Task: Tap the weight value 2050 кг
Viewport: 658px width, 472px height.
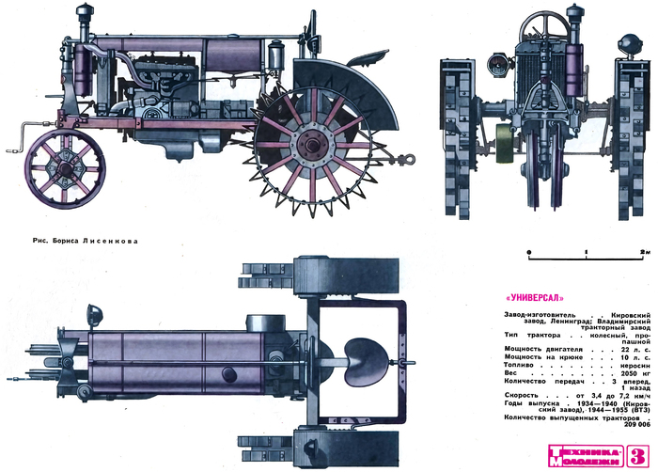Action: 632,372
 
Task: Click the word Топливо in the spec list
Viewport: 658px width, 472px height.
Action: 518,365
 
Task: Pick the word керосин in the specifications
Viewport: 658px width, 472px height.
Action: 632,365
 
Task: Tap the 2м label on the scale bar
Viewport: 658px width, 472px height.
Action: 645,253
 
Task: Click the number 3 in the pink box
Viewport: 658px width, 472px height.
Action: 636,452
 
